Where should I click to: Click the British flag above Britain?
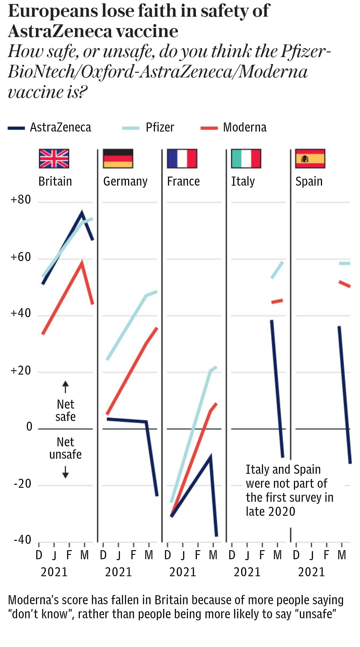pyautogui.click(x=54, y=159)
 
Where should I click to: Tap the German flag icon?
pyautogui.click(x=118, y=159)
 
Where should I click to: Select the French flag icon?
pyautogui.click(x=182, y=159)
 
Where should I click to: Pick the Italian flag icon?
pyautogui.click(x=246, y=159)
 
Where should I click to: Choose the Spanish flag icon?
pyautogui.click(x=310, y=159)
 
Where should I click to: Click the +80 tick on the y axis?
pyautogui.click(x=21, y=200)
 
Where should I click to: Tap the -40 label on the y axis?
pyautogui.click(x=22, y=540)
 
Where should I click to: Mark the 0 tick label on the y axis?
pyautogui.click(x=29, y=427)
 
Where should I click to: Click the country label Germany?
pyautogui.click(x=125, y=182)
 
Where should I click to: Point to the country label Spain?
pyautogui.click(x=309, y=182)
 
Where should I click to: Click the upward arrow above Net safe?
pyautogui.click(x=65, y=387)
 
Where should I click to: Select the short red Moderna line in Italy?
pyautogui.click(x=277, y=301)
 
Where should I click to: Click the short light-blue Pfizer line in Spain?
pyautogui.click(x=345, y=263)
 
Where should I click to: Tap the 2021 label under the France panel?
pyautogui.click(x=183, y=572)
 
